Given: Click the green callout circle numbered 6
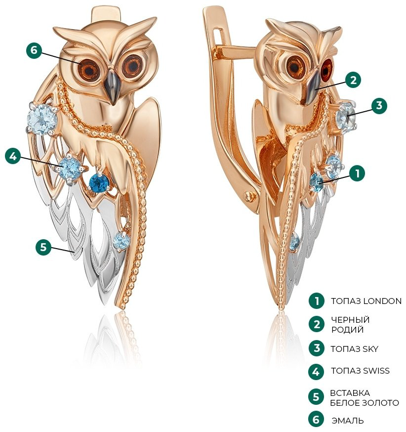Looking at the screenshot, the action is (34, 50).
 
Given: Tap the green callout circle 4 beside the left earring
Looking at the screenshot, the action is (13, 156).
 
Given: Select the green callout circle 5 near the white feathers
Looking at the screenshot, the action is (43, 247).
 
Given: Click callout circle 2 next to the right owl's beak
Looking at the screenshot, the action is (353, 80).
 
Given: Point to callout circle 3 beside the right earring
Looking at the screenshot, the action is (379, 105).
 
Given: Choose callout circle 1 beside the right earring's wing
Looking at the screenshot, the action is (357, 173).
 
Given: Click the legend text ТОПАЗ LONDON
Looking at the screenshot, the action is (366, 301).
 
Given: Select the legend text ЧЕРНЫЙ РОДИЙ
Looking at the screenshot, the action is (350, 325).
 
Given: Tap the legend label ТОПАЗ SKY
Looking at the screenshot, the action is (355, 349).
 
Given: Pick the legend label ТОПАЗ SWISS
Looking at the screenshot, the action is (360, 371).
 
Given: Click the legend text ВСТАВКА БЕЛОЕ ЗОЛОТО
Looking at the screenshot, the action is (365, 398).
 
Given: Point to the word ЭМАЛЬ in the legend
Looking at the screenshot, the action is (348, 421).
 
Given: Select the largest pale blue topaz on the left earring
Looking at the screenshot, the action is (42, 119).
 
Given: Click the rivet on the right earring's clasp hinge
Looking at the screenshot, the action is (249, 196).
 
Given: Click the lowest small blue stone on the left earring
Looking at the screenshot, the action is (121, 241).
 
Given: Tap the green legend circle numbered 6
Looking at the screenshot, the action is (316, 419).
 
